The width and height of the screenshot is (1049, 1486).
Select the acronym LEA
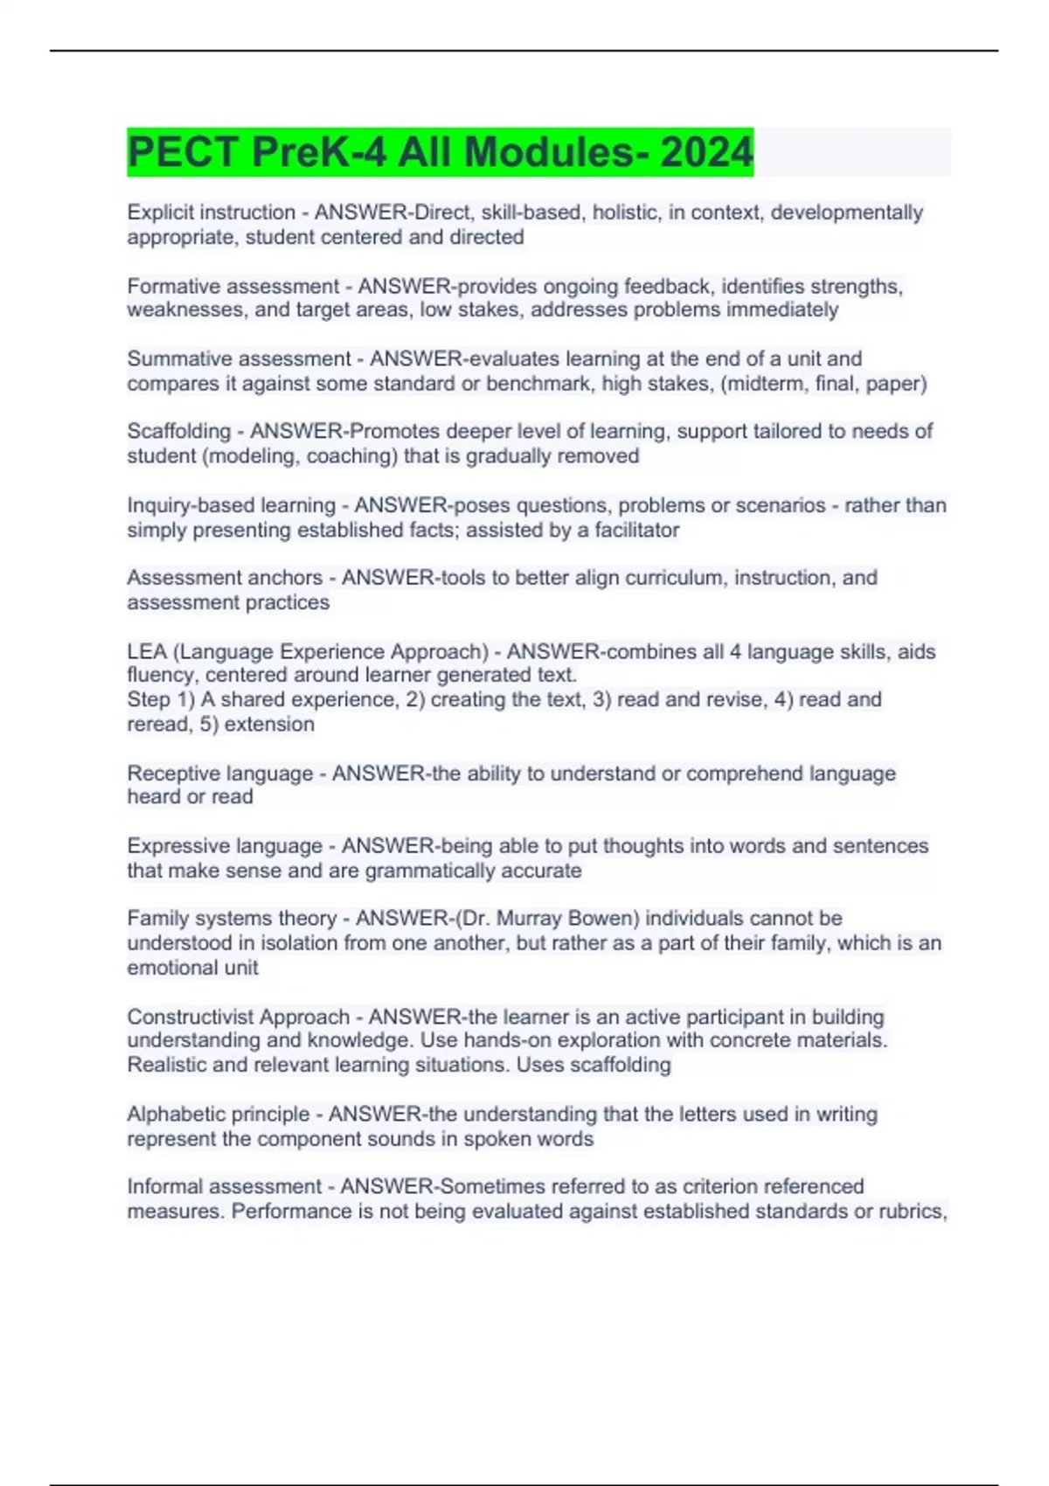(146, 651)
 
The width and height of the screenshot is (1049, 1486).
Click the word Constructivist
(192, 1017)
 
